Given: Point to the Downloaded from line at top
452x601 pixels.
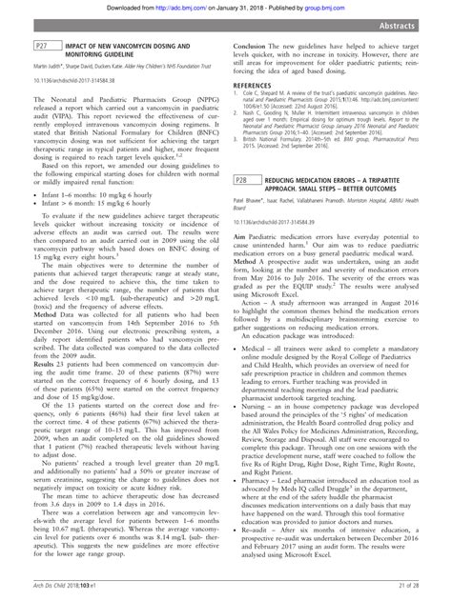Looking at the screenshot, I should tap(225, 8).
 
